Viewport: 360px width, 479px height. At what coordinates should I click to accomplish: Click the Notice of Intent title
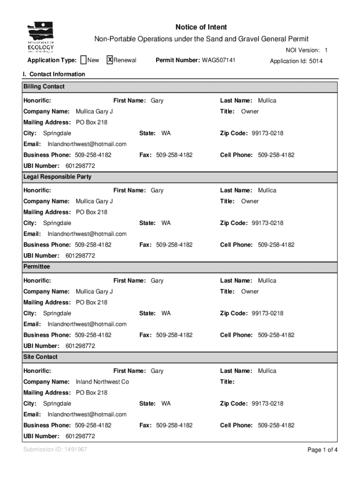pyautogui.click(x=201, y=27)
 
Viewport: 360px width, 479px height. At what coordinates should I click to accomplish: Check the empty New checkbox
pyautogui.click(x=83, y=60)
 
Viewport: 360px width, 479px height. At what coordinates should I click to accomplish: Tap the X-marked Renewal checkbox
pyautogui.click(x=110, y=60)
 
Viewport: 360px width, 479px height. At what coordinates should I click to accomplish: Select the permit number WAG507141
pyautogui.click(x=218, y=60)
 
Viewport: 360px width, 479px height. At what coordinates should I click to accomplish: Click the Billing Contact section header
pyautogui.click(x=44, y=87)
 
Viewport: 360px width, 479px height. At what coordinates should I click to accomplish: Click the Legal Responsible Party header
pyautogui.click(x=57, y=177)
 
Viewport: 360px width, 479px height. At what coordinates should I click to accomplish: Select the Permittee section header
pyautogui.click(x=36, y=267)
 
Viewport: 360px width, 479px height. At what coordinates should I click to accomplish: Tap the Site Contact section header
pyautogui.click(x=41, y=357)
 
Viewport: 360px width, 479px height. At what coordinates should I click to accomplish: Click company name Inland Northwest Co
pyautogui.click(x=102, y=382)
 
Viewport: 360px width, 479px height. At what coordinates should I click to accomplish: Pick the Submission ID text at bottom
pyautogui.click(x=55, y=450)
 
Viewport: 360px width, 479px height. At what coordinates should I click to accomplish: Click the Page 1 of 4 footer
pyautogui.click(x=322, y=450)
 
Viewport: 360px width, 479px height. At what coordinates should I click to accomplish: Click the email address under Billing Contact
pyautogui.click(x=87, y=144)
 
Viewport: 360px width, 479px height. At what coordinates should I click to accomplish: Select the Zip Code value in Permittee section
pyautogui.click(x=267, y=313)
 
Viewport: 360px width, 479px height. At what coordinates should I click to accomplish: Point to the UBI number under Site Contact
pyautogui.click(x=80, y=436)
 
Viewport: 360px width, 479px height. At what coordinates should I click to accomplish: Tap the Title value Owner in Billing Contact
pyautogui.click(x=250, y=111)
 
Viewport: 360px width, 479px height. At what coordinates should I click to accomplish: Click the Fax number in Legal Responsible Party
pyautogui.click(x=174, y=245)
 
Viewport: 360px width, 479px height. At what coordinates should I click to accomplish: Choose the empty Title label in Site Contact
pyautogui.click(x=227, y=382)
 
